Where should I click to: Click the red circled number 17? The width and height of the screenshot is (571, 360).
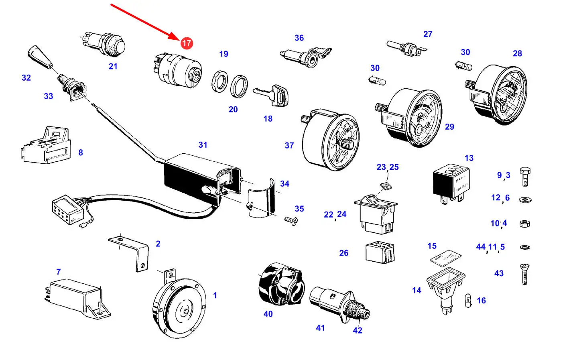point(187,43)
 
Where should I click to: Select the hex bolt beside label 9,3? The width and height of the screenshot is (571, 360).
point(525,177)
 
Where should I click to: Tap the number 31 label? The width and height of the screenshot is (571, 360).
point(203,145)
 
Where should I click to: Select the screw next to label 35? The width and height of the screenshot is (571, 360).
point(291,221)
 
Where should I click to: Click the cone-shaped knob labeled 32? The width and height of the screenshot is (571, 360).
point(40,57)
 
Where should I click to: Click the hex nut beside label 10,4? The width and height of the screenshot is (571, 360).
point(524,224)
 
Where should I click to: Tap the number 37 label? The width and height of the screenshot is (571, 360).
point(289,146)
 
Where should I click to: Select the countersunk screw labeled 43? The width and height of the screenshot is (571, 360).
point(524,275)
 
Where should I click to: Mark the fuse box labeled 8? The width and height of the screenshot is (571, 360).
point(46,144)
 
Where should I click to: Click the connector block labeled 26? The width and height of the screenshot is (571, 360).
point(380,252)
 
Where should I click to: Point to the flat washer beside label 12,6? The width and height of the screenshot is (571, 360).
point(525,199)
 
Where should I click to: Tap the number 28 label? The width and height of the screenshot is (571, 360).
point(517,53)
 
